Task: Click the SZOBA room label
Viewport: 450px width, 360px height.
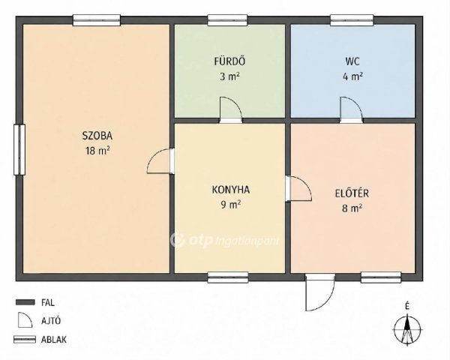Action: pyautogui.click(x=97, y=136)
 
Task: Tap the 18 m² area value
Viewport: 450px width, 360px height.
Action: pyautogui.click(x=97, y=151)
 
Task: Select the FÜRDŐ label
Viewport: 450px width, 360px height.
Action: pyautogui.click(x=229, y=61)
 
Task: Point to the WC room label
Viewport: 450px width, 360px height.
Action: pyautogui.click(x=352, y=61)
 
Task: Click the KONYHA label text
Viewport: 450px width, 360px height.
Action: pyautogui.click(x=231, y=190)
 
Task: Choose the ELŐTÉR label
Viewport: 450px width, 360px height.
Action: pyautogui.click(x=352, y=193)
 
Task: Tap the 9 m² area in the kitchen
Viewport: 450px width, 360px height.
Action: pyautogui.click(x=230, y=205)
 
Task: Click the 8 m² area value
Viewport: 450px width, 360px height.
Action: pyautogui.click(x=352, y=208)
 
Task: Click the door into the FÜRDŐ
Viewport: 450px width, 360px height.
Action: pyautogui.click(x=231, y=110)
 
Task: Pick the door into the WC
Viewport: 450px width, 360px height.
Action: pyautogui.click(x=351, y=110)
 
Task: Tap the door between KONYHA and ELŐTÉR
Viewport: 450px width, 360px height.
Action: pyautogui.click(x=298, y=188)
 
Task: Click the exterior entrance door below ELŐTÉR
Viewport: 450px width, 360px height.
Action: pyautogui.click(x=319, y=292)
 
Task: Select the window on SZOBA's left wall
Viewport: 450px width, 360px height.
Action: pyautogui.click(x=19, y=149)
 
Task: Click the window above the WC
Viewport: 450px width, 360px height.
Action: pyautogui.click(x=352, y=20)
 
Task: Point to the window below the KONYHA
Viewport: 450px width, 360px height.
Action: pyautogui.click(x=228, y=277)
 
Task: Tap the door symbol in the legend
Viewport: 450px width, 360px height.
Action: pyautogui.click(x=25, y=320)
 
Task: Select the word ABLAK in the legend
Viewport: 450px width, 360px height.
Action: pyautogui.click(x=54, y=340)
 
